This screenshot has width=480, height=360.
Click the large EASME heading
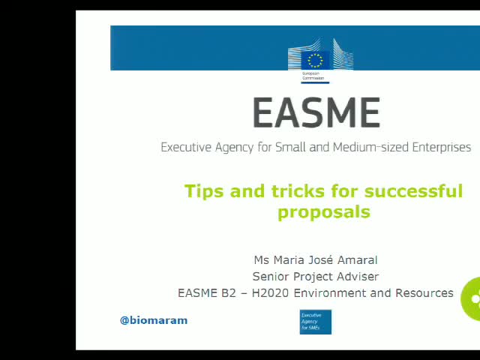click(x=316, y=113)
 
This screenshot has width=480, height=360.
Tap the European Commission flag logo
click(x=316, y=60)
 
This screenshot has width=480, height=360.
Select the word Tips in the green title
click(x=205, y=191)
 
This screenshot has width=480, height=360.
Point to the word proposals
click(x=323, y=211)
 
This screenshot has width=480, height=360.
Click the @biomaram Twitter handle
click(x=154, y=320)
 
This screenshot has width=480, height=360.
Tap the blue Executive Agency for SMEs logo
click(x=315, y=322)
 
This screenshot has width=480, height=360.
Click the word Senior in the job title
click(x=274, y=277)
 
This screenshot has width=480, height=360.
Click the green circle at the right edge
click(x=472, y=298)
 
